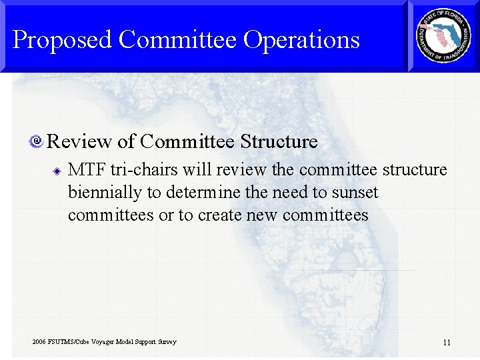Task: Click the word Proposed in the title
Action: (x=62, y=40)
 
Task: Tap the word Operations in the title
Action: (x=301, y=40)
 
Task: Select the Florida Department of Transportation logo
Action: (x=443, y=37)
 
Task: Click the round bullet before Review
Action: (x=37, y=141)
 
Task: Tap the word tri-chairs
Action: (x=139, y=170)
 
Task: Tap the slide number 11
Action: (x=447, y=343)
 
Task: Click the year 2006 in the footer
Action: (x=39, y=342)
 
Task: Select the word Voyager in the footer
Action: (x=101, y=342)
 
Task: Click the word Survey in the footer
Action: (x=166, y=342)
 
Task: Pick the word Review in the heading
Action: (x=79, y=141)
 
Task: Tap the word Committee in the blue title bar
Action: (x=177, y=40)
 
